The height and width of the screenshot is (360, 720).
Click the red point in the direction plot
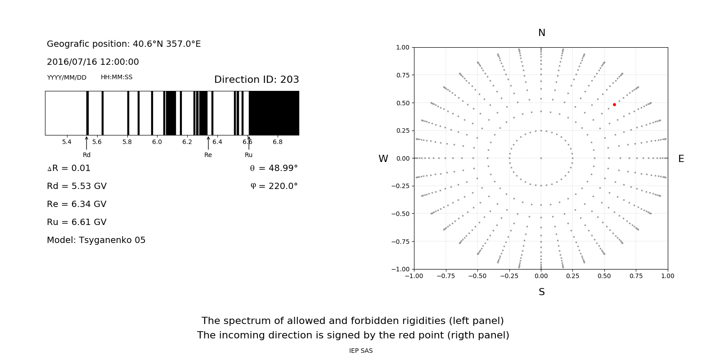point(614,104)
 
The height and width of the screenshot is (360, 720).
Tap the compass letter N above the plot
point(542,33)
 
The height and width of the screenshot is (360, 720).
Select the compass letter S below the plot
point(542,292)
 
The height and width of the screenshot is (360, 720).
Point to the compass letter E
point(681,159)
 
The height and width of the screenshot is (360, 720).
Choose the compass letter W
point(383,159)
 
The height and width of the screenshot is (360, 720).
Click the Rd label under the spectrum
point(86,155)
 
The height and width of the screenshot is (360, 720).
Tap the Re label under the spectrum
point(208,155)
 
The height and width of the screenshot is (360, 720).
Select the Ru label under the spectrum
point(248,155)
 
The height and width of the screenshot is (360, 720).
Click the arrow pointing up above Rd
point(86,143)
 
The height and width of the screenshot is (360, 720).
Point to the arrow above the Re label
point(208,143)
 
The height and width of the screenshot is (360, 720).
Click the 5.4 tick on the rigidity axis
point(67,142)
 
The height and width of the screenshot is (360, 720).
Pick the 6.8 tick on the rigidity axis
point(278,142)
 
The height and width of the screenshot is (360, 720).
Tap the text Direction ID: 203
point(256,80)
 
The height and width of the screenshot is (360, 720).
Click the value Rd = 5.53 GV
point(76,186)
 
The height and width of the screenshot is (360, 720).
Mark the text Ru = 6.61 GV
point(76,222)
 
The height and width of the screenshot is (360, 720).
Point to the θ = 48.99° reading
point(274,168)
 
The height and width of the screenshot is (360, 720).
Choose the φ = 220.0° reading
point(274,186)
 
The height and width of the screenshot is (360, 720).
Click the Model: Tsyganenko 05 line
point(96,240)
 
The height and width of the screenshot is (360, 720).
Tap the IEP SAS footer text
point(361,351)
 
